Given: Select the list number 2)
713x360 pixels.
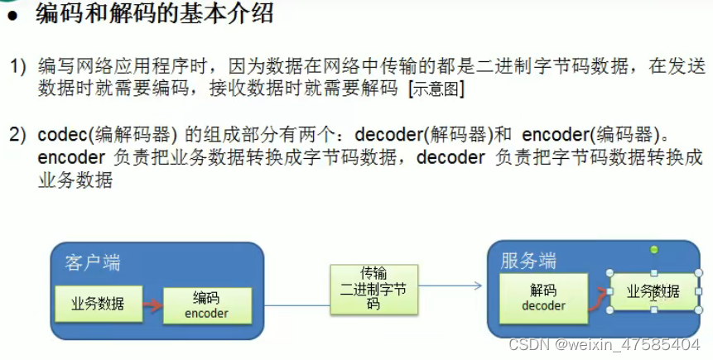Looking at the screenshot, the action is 18,133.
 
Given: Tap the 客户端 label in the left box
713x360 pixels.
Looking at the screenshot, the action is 92,262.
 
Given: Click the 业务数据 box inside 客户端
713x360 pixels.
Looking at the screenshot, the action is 99,303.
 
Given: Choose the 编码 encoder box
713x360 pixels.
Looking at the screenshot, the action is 205,305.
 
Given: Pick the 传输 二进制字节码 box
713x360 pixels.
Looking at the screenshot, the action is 373,288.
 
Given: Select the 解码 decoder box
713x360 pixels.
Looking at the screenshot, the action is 543,298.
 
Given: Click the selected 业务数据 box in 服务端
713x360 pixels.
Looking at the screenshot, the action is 653,292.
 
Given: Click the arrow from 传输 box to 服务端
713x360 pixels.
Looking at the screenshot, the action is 450,286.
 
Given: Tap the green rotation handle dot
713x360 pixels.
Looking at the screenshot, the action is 653,249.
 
